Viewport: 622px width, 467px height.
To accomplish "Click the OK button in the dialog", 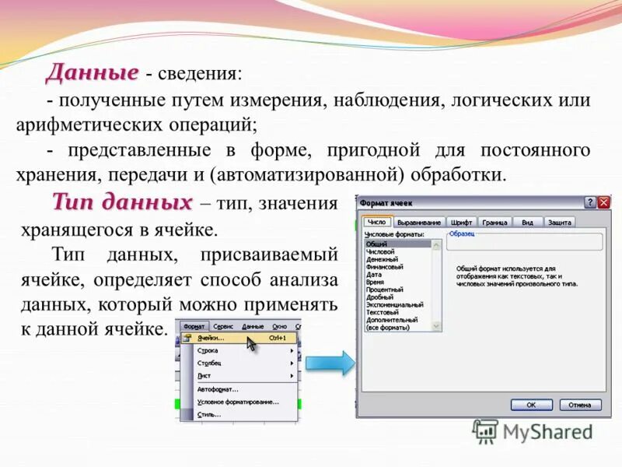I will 531,405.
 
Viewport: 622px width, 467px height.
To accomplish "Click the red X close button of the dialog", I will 603,202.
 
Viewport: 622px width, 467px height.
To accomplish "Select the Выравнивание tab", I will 419,223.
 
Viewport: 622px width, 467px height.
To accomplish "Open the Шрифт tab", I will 462,223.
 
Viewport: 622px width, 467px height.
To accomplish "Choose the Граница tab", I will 494,223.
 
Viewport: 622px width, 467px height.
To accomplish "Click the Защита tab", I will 559,223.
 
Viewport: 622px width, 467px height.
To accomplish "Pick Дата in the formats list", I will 374,274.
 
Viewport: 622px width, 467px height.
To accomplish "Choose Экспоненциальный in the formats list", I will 394,304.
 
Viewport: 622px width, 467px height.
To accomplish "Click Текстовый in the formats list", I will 382,312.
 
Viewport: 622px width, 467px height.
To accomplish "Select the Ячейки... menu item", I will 211,339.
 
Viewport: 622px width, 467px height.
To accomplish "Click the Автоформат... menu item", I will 218,388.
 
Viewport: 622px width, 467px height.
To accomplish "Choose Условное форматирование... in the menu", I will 237,402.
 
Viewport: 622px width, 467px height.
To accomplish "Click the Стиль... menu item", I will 209,415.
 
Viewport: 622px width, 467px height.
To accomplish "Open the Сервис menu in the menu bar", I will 224,327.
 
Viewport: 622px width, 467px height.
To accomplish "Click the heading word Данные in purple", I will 92,72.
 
